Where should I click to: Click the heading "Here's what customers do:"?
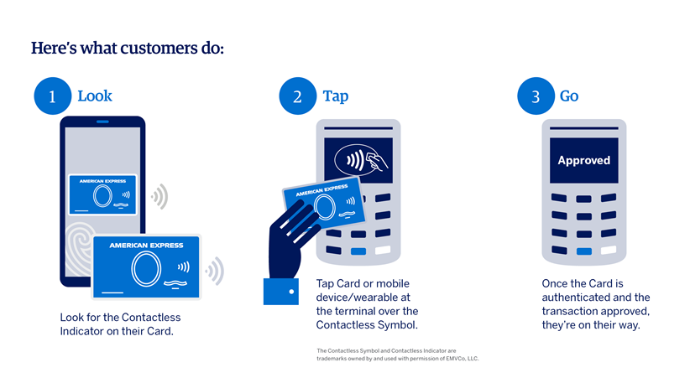[128, 49]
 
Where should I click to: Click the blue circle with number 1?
[52, 96]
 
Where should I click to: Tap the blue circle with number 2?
[297, 96]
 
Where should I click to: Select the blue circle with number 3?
[536, 96]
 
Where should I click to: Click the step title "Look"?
[95, 96]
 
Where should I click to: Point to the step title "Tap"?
[335, 96]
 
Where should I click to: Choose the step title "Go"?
[569, 96]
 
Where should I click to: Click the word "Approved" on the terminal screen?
[584, 161]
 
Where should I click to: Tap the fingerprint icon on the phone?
[79, 248]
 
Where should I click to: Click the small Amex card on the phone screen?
[102, 194]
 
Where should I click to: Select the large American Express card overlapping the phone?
[146, 267]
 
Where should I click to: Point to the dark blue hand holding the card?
[290, 240]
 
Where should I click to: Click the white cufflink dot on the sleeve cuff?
[291, 292]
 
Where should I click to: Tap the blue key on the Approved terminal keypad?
[584, 251]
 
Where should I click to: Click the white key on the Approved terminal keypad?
[609, 250]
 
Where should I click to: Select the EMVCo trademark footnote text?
[397, 355]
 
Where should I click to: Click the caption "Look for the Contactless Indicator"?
[120, 324]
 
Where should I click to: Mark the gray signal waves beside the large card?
[215, 271]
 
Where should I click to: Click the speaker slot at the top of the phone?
[102, 122]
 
